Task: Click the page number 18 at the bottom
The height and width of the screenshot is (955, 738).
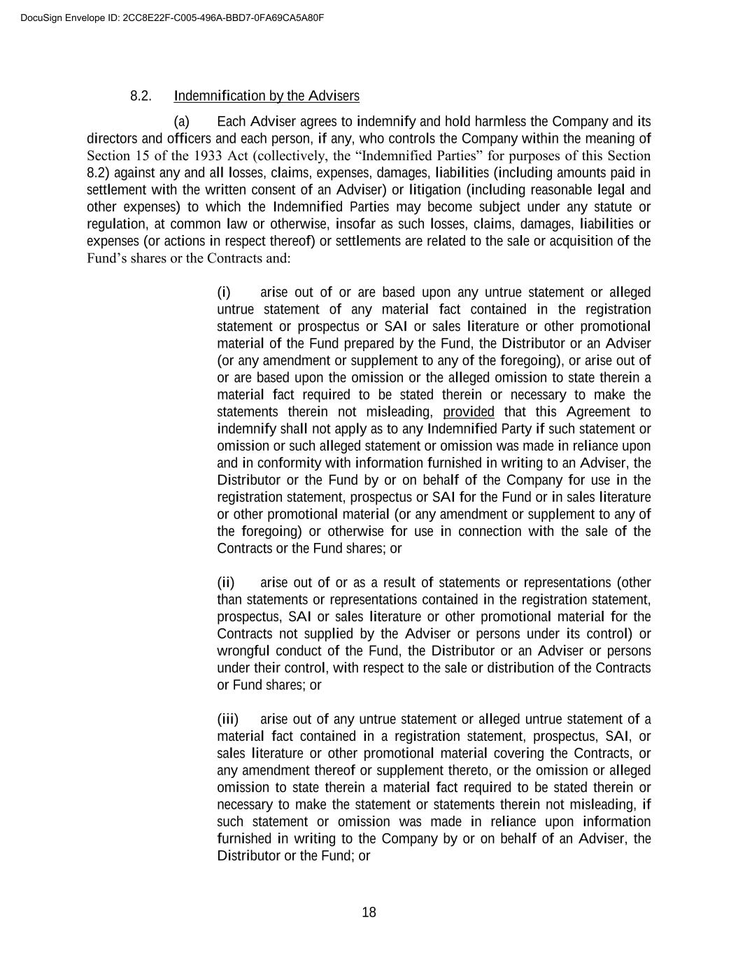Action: point(369,912)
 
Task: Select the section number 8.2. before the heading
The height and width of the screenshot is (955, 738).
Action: point(141,96)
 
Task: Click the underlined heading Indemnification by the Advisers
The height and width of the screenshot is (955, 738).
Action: point(267,96)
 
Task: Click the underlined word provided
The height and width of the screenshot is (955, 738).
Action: point(469,412)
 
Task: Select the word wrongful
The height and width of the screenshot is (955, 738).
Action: point(243,651)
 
